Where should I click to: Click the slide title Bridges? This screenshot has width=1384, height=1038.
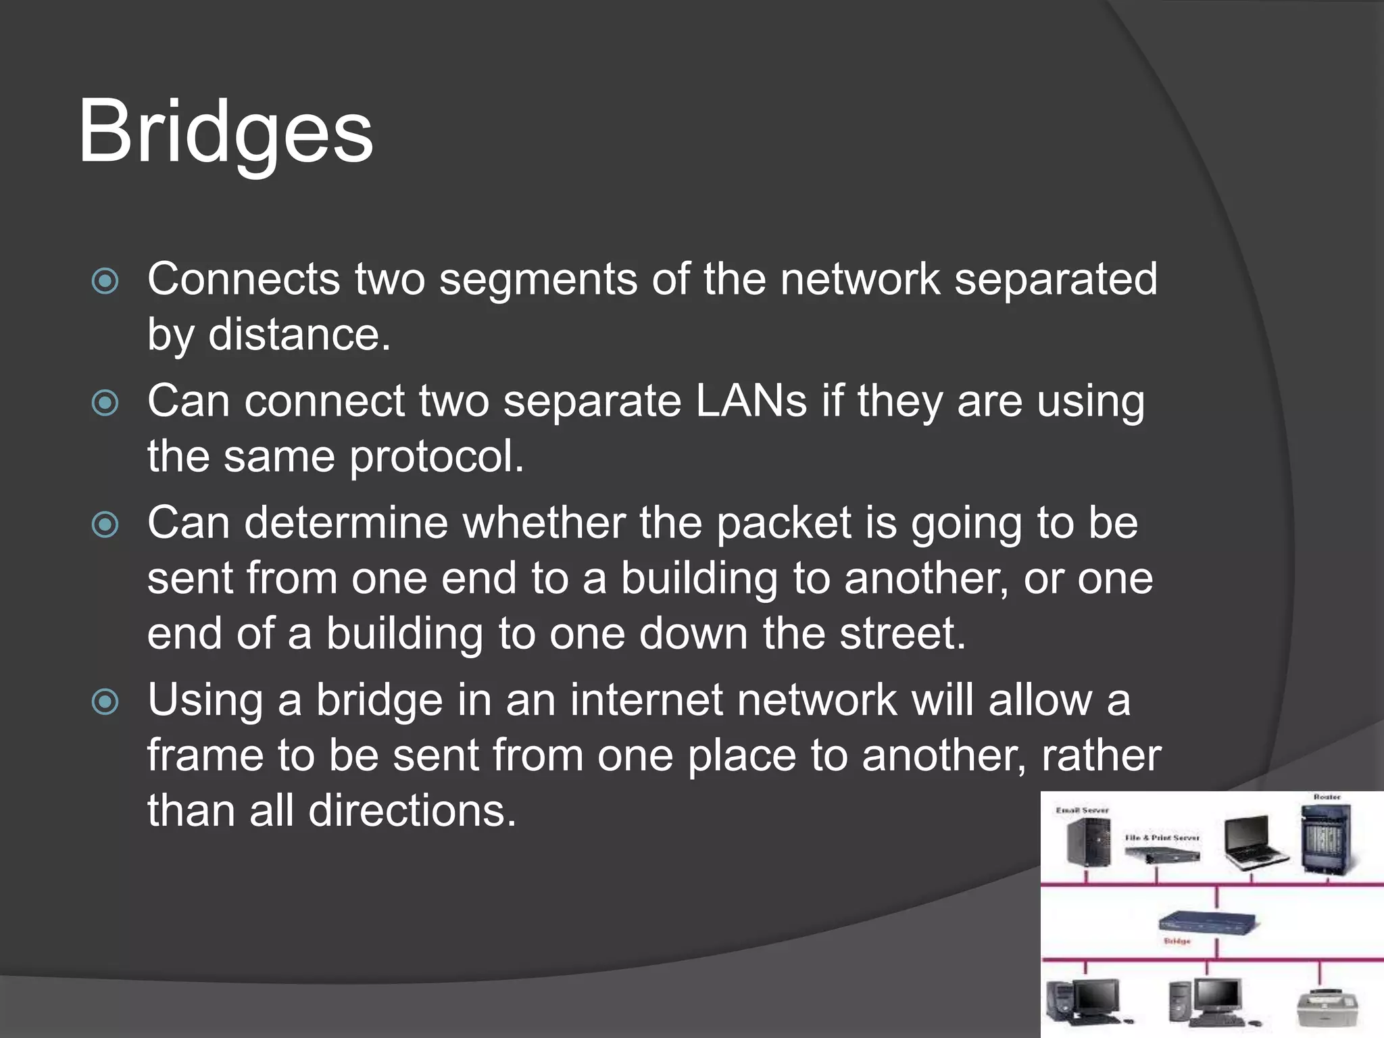pyautogui.click(x=225, y=132)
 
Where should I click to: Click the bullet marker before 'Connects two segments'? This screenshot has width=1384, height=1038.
pyautogui.click(x=105, y=281)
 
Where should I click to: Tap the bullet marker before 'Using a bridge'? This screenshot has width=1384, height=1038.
pyautogui.click(x=105, y=701)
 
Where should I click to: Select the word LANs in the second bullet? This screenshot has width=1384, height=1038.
pyautogui.click(x=751, y=401)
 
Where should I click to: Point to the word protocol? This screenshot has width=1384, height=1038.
pyautogui.click(x=436, y=458)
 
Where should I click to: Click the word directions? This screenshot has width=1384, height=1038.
pyautogui.click(x=412, y=811)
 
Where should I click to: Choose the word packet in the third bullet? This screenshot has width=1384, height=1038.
pyautogui.click(x=783, y=524)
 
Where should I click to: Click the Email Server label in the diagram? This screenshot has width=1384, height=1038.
pyautogui.click(x=1083, y=810)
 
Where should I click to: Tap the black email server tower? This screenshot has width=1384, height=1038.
pyautogui.click(x=1088, y=842)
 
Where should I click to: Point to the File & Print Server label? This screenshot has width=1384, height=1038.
pyautogui.click(x=1162, y=837)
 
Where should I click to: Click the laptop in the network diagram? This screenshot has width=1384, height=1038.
pyautogui.click(x=1252, y=845)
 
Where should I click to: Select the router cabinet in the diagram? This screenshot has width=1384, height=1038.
pyautogui.click(x=1327, y=841)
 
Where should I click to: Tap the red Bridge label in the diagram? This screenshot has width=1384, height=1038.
pyautogui.click(x=1177, y=941)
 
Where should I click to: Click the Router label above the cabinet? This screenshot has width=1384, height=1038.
pyautogui.click(x=1327, y=797)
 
